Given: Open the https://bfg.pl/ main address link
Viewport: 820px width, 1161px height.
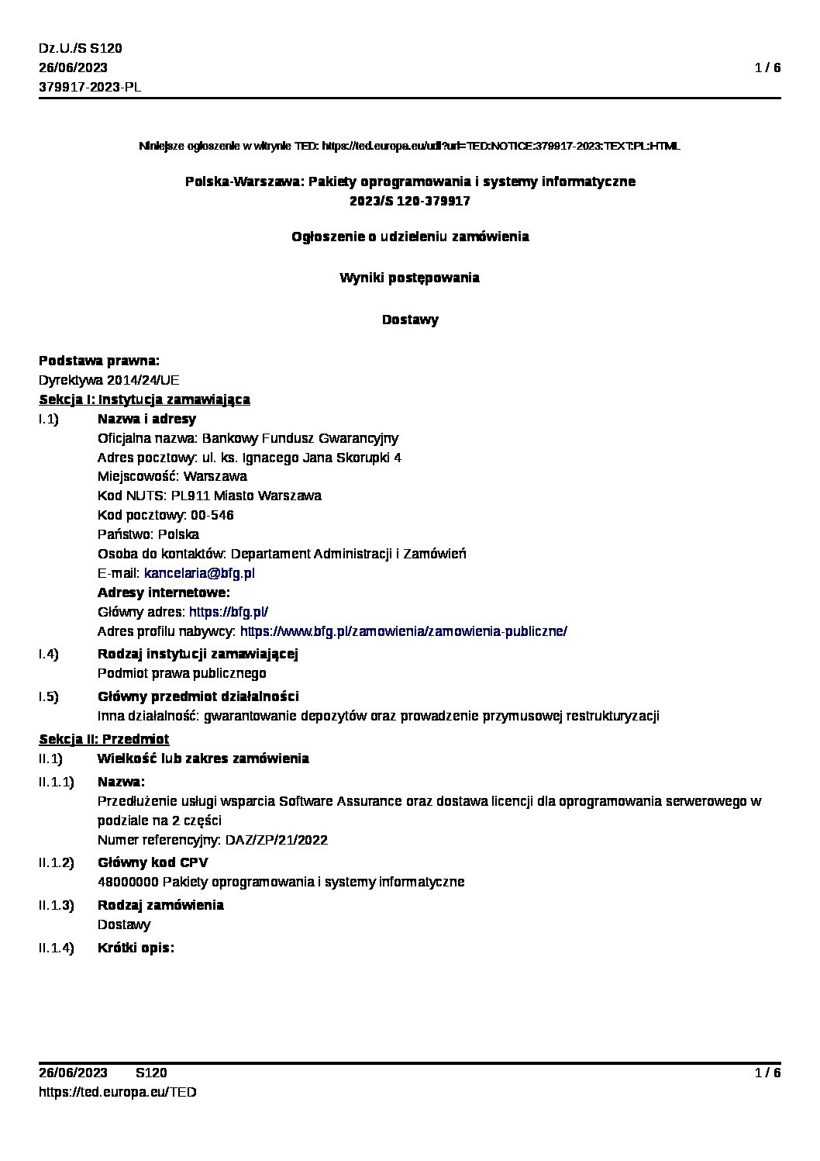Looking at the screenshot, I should point(229,612).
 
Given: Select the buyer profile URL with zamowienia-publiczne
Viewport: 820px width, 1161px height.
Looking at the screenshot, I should point(403,631).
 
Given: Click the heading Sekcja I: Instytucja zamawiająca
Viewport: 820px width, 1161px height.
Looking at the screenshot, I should point(144,400).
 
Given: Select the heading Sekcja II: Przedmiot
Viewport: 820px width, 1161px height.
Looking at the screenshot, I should point(104,739).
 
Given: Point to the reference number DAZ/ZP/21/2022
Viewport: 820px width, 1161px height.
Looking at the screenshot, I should point(276,840).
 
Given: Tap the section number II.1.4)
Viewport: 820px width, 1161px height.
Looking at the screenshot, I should point(56,948).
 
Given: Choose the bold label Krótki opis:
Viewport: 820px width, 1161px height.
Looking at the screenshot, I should point(136,948).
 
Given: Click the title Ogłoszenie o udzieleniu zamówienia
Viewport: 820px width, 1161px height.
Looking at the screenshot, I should point(410,237).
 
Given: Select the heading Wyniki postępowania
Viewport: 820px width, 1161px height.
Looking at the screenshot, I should point(410,278).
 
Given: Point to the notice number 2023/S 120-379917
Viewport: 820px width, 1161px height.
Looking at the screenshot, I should point(410,201).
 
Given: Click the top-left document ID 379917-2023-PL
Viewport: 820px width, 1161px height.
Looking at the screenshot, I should point(90,87).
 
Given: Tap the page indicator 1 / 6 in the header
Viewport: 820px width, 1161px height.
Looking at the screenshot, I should point(767,68).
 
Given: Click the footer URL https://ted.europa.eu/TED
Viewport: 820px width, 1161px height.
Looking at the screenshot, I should point(117,1092).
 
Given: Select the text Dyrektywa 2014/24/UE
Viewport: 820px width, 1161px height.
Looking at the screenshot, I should point(109,381).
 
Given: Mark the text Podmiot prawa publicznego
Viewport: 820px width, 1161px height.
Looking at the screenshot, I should point(181,673).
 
